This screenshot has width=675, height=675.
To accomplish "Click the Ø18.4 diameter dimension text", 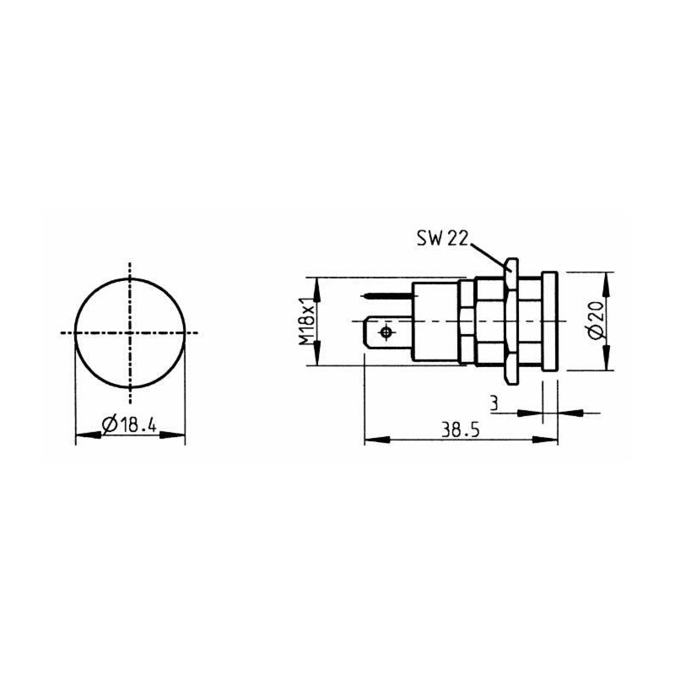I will pos(131,425).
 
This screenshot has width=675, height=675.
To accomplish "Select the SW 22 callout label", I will pos(441,239).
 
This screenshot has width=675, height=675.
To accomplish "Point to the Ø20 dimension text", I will pos(596,321).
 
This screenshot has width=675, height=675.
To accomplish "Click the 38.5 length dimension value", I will pos(460,429).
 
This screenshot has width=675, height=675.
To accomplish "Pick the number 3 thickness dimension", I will pos(493,405).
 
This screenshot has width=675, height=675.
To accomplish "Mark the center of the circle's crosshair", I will pos(130,333).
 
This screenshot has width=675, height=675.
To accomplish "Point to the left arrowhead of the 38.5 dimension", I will pos(371,440).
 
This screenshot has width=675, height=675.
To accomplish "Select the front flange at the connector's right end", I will pos(549,321).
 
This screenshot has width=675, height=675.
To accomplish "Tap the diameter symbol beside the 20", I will pos(596,334).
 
